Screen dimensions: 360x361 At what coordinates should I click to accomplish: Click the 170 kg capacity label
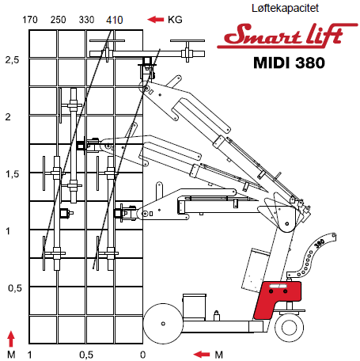pos(30,20)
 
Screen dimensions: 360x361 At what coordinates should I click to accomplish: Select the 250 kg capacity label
pos(59,20)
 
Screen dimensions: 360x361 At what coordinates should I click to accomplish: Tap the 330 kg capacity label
pos(86,20)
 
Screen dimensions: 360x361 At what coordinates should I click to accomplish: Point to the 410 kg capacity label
pos(115,20)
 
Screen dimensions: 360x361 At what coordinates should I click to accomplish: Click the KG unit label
pos(175,20)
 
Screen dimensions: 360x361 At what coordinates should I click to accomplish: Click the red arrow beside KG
pos(156,19)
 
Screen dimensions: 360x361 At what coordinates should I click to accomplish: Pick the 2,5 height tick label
pos(12,60)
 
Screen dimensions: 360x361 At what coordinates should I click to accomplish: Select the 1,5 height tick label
pos(13,174)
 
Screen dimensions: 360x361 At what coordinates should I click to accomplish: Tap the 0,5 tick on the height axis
pos(15,288)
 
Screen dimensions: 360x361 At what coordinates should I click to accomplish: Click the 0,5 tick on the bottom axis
pos(86,355)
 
